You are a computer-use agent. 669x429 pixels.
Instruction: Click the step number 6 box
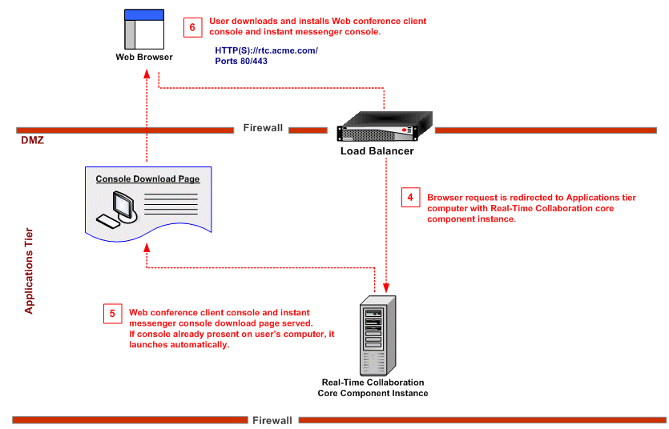click(192, 26)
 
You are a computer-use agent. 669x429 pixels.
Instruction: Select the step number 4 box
click(410, 197)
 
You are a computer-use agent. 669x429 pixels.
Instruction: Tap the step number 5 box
click(112, 313)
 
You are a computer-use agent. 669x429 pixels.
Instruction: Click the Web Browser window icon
click(144, 29)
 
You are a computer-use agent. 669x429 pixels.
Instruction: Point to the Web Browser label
click(144, 58)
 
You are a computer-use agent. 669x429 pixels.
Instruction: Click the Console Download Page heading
click(147, 179)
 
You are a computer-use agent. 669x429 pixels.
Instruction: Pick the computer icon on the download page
click(116, 210)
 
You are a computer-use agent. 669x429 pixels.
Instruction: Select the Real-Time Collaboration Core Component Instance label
click(374, 388)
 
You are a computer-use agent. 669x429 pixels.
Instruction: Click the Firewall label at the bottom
click(272, 420)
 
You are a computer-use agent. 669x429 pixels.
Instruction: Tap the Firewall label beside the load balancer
click(264, 128)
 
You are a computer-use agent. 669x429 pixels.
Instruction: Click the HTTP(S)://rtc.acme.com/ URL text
click(267, 50)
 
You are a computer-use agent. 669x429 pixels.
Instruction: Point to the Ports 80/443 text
click(241, 61)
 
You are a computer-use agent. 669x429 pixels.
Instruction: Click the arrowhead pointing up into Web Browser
click(147, 72)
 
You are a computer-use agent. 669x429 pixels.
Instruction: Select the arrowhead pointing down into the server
click(387, 288)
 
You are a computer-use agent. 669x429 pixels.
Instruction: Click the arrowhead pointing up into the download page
click(147, 250)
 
